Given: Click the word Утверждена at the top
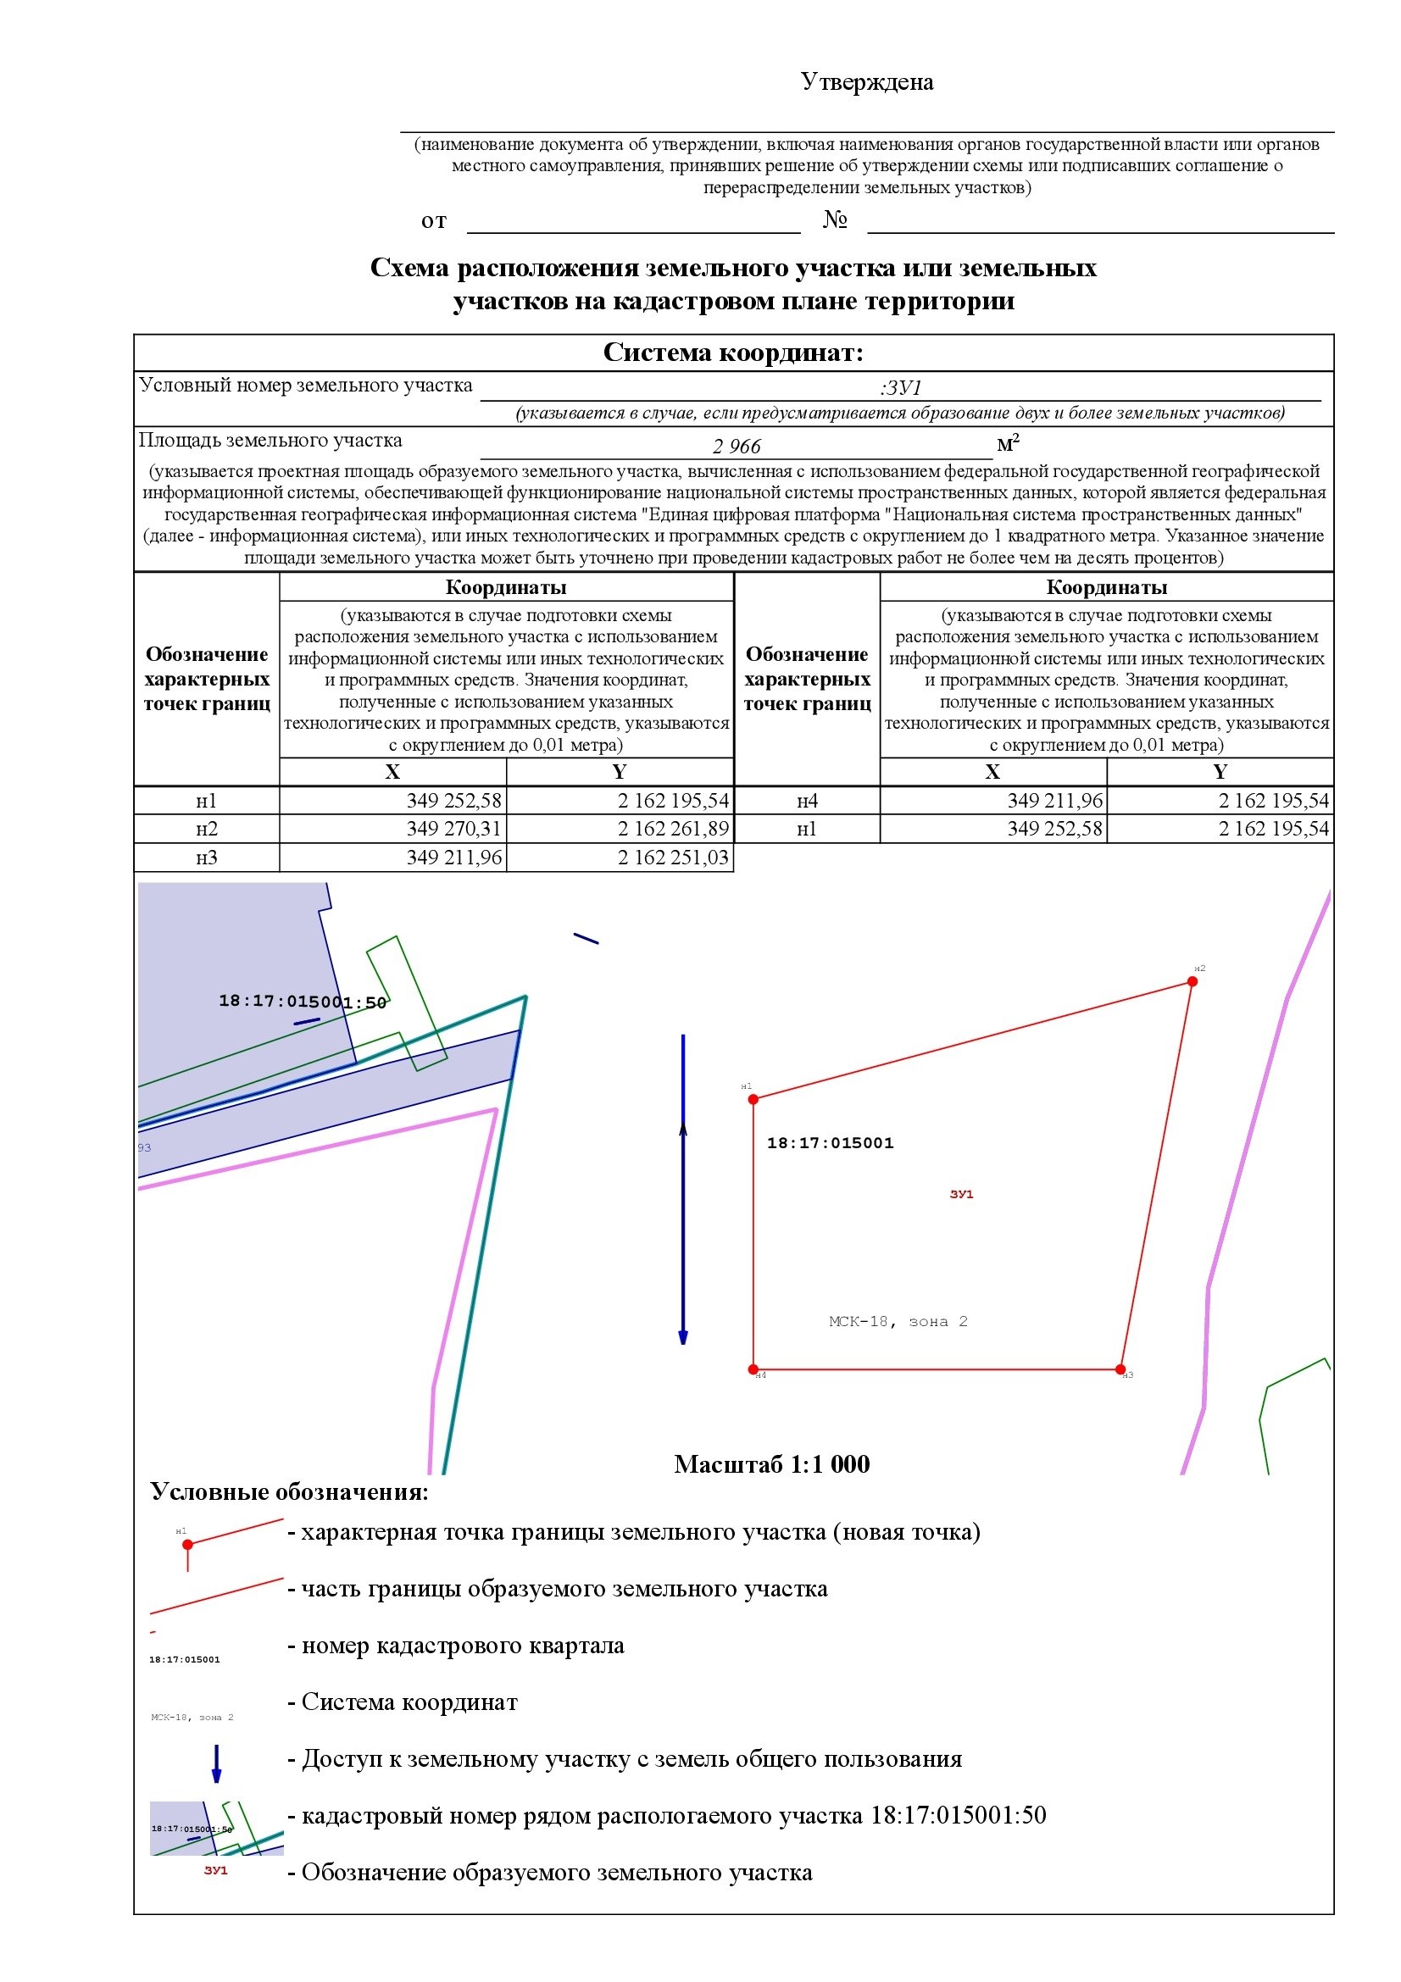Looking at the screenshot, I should point(867,82).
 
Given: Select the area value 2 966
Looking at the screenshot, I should point(737,447).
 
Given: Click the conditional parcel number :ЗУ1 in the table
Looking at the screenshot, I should point(900,387).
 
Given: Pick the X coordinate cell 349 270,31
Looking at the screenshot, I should point(454,829).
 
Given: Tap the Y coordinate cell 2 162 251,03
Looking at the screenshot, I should point(672,858).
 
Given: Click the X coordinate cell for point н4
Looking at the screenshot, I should point(1055,800).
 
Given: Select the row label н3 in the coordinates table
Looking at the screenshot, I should point(206,858).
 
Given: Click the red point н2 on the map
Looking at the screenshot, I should point(1193,981).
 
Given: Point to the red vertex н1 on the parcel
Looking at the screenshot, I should point(753,1099).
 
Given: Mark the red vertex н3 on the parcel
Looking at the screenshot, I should point(1120,1369).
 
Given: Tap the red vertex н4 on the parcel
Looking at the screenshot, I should point(753,1369).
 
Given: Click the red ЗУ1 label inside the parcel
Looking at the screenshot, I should point(962,1194).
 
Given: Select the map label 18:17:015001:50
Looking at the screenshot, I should point(302,1002).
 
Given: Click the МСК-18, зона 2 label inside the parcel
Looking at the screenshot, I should point(898,1322).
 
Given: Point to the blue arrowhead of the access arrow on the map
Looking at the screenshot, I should point(683,1337).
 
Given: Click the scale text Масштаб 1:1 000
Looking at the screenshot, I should point(772,1464).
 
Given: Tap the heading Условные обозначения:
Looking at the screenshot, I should point(289,1491).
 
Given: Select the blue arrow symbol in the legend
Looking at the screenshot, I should point(217,1763).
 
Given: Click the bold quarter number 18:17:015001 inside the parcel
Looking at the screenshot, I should point(831,1143).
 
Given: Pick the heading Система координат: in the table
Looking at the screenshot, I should point(733,353).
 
